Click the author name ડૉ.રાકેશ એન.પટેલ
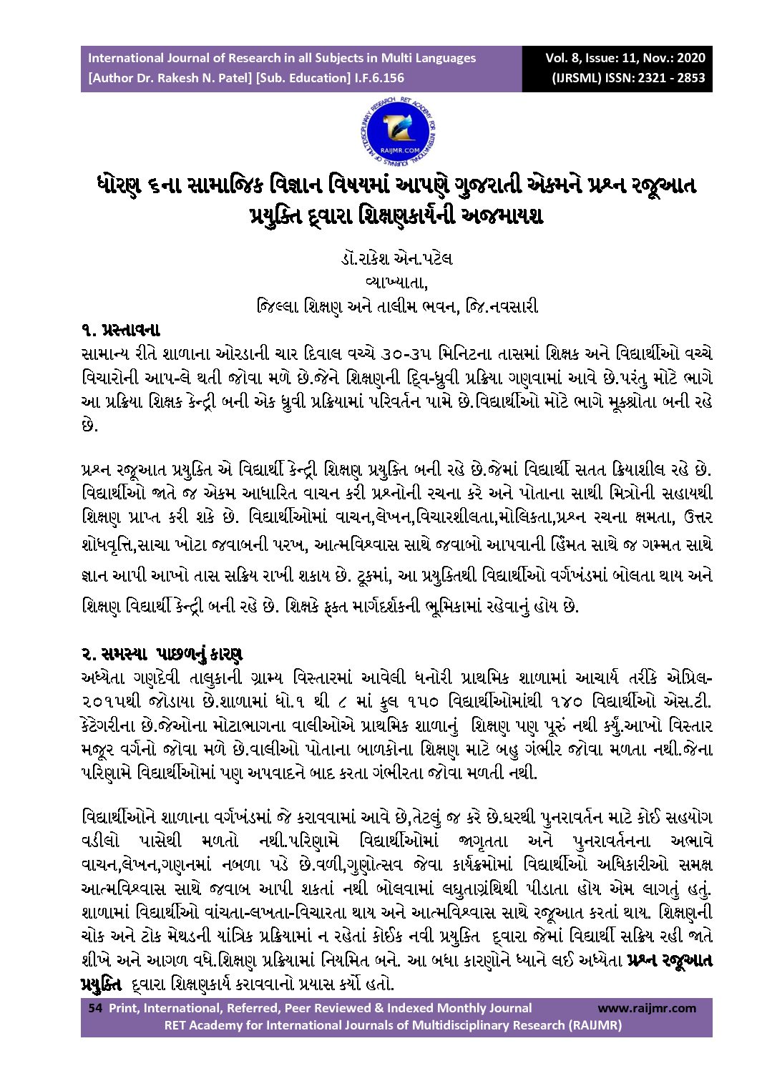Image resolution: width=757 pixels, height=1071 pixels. tap(396, 258)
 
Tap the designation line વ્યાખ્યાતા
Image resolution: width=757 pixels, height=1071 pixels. tap(396, 283)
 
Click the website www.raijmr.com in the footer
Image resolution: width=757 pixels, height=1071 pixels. tap(646, 1008)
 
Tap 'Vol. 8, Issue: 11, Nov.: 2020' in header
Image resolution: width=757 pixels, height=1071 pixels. tap(625, 58)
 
